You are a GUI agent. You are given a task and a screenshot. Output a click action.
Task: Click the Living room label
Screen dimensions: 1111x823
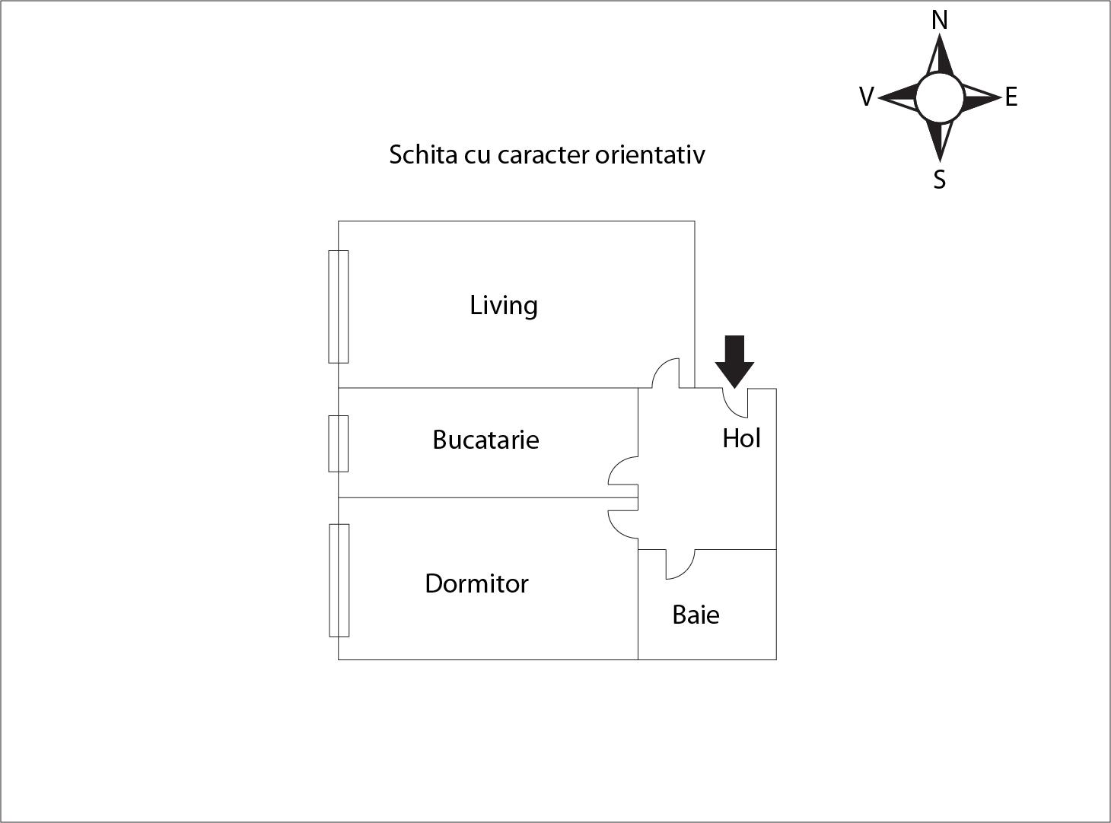[x=504, y=305]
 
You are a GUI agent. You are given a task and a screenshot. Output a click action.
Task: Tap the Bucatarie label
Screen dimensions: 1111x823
[x=486, y=440]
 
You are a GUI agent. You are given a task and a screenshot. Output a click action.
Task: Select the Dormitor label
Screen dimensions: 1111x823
[x=476, y=583]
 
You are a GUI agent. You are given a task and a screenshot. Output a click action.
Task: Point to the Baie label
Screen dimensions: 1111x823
[x=696, y=615]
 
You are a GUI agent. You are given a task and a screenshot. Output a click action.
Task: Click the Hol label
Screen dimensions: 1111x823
[x=741, y=438]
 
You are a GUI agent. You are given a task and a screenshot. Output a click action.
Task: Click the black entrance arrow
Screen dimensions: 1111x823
[x=734, y=361]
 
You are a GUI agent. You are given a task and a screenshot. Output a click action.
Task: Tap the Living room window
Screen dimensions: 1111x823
[x=338, y=307]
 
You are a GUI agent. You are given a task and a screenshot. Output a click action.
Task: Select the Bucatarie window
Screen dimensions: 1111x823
[x=338, y=443]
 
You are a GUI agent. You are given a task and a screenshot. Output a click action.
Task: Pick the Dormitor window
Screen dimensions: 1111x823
[x=339, y=580]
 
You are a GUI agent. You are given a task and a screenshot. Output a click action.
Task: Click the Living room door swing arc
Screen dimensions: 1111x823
[x=665, y=373]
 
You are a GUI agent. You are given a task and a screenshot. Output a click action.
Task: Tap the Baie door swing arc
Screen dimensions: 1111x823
[x=680, y=564]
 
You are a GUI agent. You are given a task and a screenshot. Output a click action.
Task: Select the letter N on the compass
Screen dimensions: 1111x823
[x=940, y=21]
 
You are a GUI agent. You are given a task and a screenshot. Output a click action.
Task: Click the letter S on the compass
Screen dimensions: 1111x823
[x=940, y=180]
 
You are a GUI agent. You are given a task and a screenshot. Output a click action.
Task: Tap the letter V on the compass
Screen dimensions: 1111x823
[x=867, y=96]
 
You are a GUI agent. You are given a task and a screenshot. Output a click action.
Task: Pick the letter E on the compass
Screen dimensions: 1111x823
[x=1011, y=97]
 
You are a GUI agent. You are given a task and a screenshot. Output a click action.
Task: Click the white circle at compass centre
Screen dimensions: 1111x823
[x=940, y=98]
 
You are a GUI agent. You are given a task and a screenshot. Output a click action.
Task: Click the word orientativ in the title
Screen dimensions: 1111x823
[x=650, y=154]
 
